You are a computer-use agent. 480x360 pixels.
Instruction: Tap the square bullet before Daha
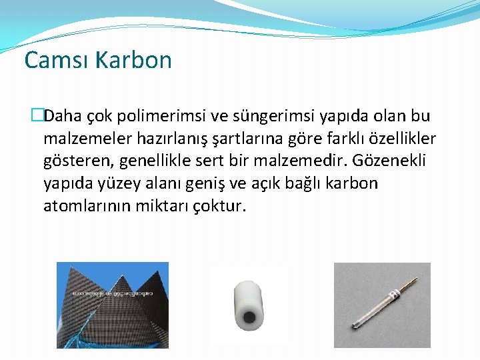[37, 116]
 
